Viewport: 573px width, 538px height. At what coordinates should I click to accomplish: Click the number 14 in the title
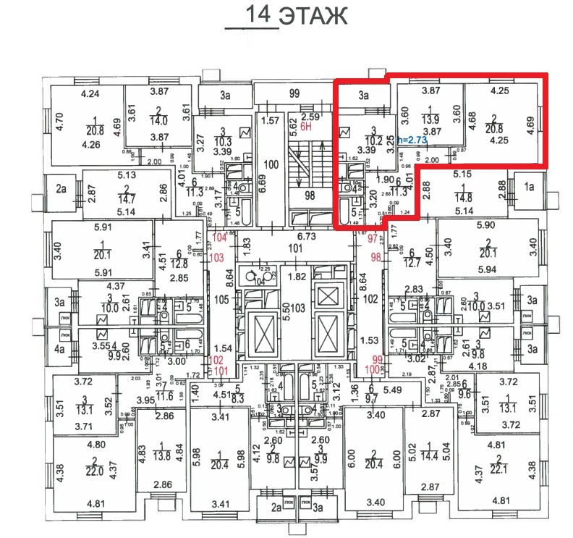(261, 14)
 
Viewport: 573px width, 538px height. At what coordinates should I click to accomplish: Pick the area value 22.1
(498, 471)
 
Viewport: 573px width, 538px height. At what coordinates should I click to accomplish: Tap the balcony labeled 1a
(528, 186)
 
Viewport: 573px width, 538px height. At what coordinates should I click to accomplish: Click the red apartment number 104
(218, 238)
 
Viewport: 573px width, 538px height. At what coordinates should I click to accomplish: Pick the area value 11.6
(166, 396)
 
